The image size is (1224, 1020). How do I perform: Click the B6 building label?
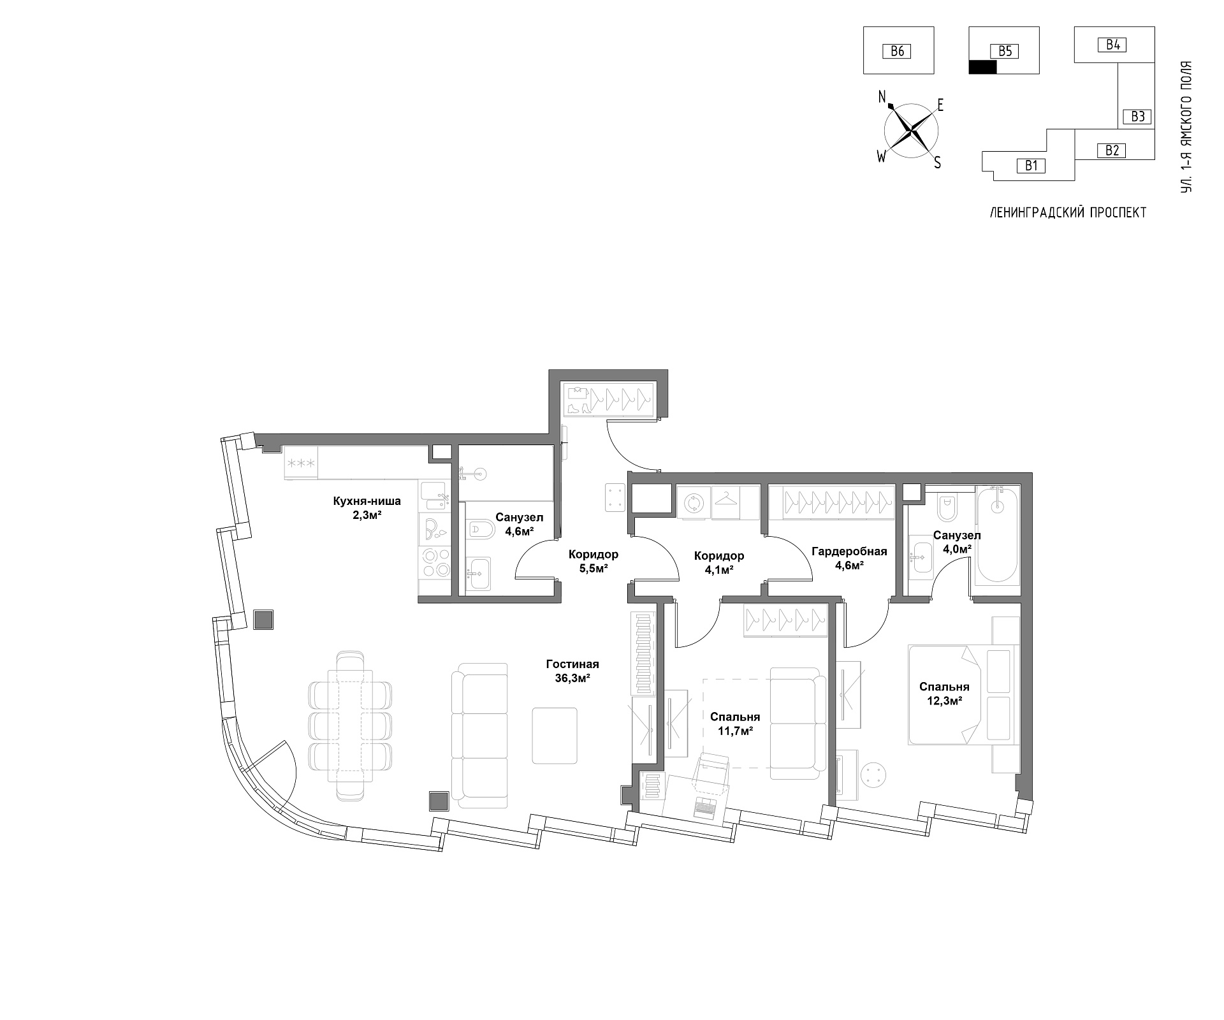coord(897,51)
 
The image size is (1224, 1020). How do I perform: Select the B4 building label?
coord(1112,45)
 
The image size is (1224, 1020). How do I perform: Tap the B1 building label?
coord(1031,166)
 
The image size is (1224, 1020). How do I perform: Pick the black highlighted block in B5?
coord(982,67)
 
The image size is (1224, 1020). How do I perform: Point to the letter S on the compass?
coord(937,163)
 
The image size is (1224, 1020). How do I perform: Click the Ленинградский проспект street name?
coord(1068,213)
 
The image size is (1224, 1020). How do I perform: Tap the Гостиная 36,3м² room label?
coord(572,671)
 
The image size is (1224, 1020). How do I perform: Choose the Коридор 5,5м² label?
coord(594,561)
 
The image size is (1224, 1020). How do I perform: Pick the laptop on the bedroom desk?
coord(705,806)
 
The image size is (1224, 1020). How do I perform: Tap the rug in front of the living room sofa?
coord(555,735)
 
